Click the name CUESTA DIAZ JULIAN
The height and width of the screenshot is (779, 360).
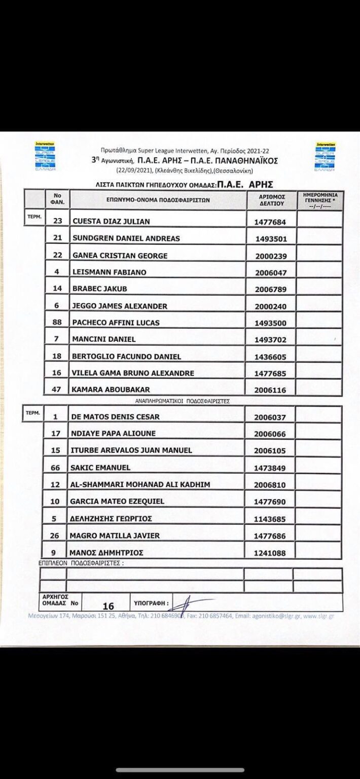coord(111,221)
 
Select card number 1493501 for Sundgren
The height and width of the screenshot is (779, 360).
coord(271,238)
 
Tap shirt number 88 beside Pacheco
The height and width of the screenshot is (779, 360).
coord(57,323)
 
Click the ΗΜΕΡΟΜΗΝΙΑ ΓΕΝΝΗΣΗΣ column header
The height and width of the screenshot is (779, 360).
coord(319,199)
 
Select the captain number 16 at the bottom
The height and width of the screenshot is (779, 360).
coord(108,606)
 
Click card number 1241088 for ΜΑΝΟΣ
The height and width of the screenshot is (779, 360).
coord(271,553)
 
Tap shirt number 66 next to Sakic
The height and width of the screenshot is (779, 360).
coord(57,467)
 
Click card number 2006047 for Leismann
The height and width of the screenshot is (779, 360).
coord(271,272)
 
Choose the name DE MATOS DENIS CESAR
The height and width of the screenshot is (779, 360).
coord(116,417)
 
